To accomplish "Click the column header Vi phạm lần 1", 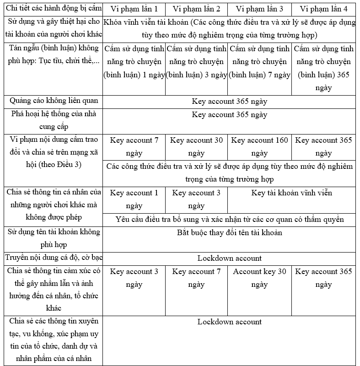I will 134,9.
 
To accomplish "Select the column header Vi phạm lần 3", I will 259,9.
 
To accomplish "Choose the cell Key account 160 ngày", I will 259,146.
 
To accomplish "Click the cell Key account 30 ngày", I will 196,146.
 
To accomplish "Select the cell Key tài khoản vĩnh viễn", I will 291,193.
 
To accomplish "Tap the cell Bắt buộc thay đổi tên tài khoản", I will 229,233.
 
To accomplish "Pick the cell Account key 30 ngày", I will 259,278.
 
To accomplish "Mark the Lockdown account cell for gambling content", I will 229,258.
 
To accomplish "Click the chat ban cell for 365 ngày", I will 323,68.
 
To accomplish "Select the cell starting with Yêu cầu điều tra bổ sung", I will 229,220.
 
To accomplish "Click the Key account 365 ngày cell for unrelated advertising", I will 229,102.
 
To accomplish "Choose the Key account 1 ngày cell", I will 134,199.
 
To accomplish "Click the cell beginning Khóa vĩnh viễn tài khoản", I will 229,28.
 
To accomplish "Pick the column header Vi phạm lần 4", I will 323,9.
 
